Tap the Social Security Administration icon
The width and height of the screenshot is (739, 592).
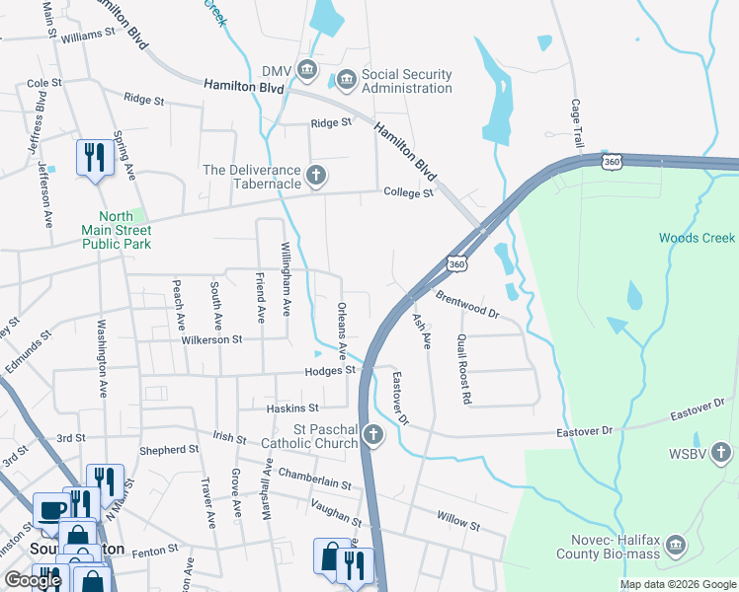pos(346,78)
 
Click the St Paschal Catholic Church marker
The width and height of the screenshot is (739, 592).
pos(372,434)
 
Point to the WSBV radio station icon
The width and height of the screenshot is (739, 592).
pos(723,452)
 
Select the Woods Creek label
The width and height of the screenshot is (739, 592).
pos(697,238)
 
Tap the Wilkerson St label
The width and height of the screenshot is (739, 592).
pos(211,339)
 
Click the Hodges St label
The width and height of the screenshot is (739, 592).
pos(330,370)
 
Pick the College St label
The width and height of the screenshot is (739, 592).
pos(409,193)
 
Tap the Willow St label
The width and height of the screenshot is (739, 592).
pos(459,522)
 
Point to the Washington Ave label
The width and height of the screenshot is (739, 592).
pos(102,356)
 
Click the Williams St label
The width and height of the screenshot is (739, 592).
pos(88,35)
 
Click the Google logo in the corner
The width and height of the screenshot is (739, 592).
pos(33,580)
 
